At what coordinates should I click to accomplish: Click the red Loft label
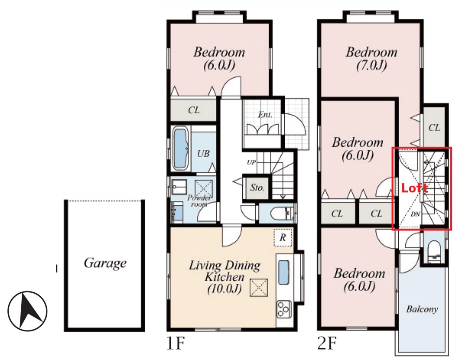pyautogui.click(x=415, y=188)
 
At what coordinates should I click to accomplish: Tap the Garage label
pyautogui.click(x=105, y=263)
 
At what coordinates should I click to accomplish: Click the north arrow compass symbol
pyautogui.click(x=27, y=311)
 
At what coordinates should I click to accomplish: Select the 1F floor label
pyautogui.click(x=176, y=343)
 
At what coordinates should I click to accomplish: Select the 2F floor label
pyautogui.click(x=327, y=343)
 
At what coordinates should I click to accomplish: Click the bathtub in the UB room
pyautogui.click(x=181, y=149)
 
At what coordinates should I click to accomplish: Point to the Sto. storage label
pyautogui.click(x=257, y=187)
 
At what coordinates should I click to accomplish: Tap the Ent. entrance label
pyautogui.click(x=265, y=115)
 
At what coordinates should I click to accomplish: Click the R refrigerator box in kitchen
pyautogui.click(x=283, y=237)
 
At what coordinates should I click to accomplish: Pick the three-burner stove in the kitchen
pyautogui.click(x=284, y=309)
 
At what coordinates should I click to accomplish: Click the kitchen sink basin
pyautogui.click(x=283, y=272)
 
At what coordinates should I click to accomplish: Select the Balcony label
pyautogui.click(x=422, y=309)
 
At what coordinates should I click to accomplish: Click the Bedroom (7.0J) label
pyautogui.click(x=371, y=59)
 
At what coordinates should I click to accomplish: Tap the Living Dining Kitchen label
pyautogui.click(x=224, y=277)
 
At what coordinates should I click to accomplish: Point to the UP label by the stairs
pyautogui.click(x=251, y=162)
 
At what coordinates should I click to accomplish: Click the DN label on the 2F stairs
pyautogui.click(x=415, y=214)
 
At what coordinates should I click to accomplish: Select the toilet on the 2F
pyautogui.click(x=434, y=251)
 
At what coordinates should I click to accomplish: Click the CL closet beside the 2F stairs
pyautogui.click(x=434, y=128)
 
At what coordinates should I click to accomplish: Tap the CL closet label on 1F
pyautogui.click(x=194, y=110)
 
